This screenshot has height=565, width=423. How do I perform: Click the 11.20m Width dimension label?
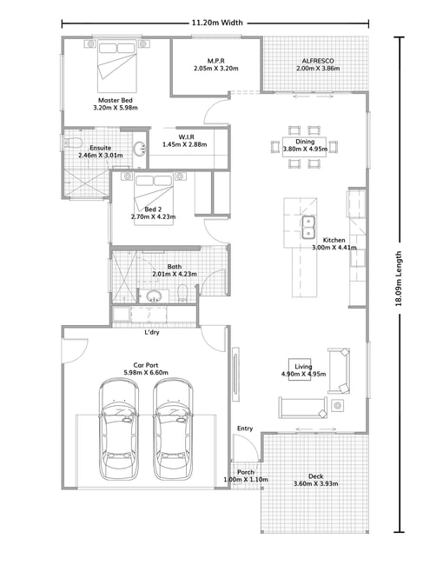pyautogui.click(x=217, y=23)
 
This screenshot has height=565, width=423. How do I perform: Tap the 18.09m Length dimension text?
pyautogui.click(x=399, y=278)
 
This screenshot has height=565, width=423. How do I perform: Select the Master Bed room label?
pyautogui.click(x=116, y=100)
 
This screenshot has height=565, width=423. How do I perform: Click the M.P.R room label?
pyautogui.click(x=216, y=61)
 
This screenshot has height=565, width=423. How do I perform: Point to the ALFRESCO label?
pyautogui.click(x=318, y=61)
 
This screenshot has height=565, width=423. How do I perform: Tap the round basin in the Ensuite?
pyautogui.click(x=139, y=148)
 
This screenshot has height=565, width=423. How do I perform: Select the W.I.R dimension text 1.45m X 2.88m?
pyautogui.click(x=185, y=144)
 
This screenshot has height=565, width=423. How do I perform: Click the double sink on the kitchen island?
pyautogui.click(x=308, y=228)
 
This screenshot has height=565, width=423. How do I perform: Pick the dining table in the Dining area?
pyautogui.click(x=305, y=147)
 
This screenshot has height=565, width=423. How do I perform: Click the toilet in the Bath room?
pyautogui.click(x=183, y=293)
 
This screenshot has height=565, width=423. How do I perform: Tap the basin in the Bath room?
pyautogui.click(x=154, y=296)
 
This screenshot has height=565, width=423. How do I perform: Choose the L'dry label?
pyautogui.click(x=151, y=332)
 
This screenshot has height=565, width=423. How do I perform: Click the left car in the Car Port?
pyautogui.click(x=119, y=429)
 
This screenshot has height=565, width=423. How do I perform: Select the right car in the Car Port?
pyautogui.click(x=173, y=429)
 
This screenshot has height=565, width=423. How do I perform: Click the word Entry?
pyautogui.click(x=245, y=429)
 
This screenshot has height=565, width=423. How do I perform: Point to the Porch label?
pyautogui.click(x=246, y=472)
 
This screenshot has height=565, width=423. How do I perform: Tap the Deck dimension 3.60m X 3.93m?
pyautogui.click(x=315, y=483)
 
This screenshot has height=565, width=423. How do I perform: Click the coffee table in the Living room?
pyautogui.click(x=300, y=369)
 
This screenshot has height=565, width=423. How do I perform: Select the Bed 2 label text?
pyautogui.click(x=153, y=209)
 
